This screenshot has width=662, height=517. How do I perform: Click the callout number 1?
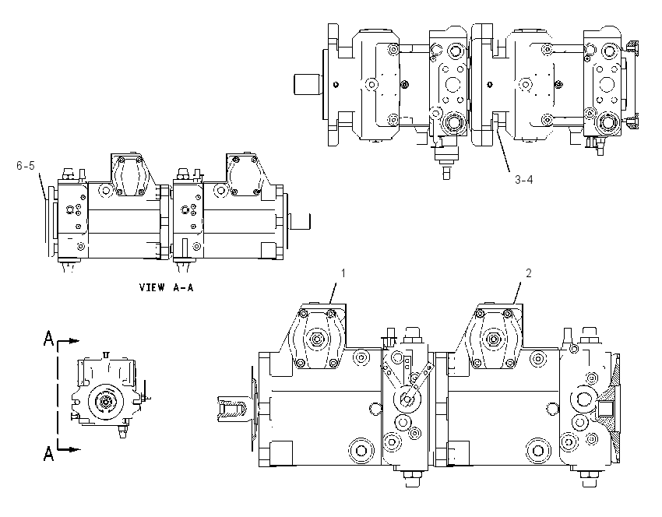343,273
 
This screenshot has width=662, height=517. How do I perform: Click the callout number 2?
529,273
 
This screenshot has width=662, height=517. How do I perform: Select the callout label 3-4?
524,180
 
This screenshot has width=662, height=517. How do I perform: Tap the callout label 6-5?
26,166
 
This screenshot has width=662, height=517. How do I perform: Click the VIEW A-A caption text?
167,288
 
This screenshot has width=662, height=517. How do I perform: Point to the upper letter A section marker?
49,339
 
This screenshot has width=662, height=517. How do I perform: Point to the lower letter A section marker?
49,454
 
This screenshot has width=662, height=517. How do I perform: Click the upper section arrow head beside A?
75,340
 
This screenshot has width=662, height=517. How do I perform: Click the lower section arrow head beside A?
75,449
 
